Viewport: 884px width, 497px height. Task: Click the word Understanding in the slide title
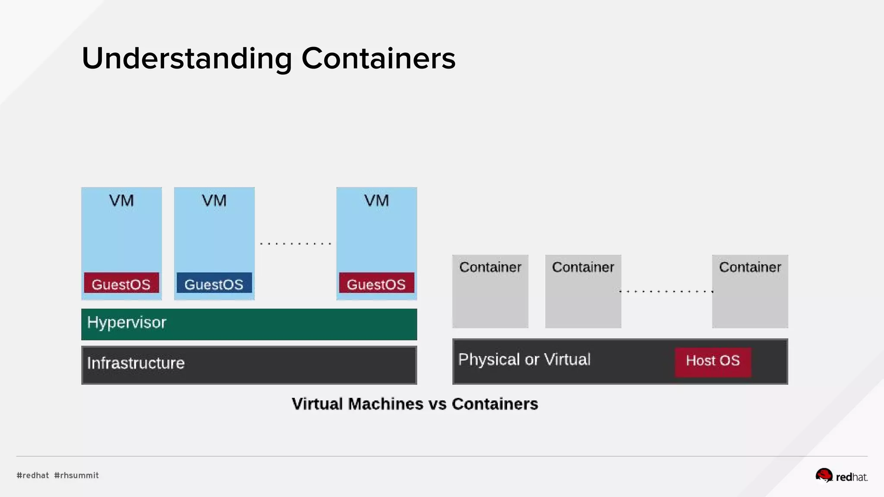point(187,58)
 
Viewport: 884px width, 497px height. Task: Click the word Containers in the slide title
point(378,58)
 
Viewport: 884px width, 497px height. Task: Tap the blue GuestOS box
point(214,283)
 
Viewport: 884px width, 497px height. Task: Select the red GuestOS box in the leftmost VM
point(121,283)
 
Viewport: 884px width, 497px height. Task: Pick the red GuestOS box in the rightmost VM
point(376,283)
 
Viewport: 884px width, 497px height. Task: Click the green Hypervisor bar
point(249,324)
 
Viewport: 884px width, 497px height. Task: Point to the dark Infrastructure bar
point(249,365)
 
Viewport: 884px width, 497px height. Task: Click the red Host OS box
point(713,362)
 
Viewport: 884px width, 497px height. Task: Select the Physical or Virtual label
point(524,359)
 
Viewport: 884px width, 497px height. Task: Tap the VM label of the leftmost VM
point(121,201)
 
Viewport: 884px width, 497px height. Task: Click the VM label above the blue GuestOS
point(214,201)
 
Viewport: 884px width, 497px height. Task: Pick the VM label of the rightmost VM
point(376,201)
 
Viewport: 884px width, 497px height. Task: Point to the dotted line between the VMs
point(296,244)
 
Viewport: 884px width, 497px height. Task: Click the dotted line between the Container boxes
point(666,292)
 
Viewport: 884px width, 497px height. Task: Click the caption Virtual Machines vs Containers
point(415,404)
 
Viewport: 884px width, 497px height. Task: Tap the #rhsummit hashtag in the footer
point(76,475)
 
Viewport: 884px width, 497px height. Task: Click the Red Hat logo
point(841,476)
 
